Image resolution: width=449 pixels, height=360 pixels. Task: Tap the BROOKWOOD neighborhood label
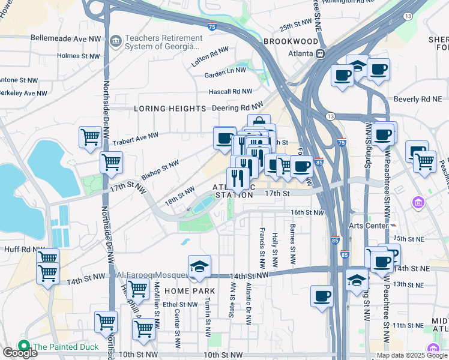click(x=291, y=41)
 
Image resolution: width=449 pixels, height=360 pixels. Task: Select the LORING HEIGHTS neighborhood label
click(x=170, y=109)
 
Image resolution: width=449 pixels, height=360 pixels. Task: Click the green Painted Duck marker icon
click(x=24, y=346)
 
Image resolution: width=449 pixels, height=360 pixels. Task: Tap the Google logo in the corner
click(x=19, y=353)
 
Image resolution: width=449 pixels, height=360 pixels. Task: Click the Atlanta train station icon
click(x=321, y=53)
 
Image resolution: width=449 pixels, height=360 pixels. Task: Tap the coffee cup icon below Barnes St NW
click(x=322, y=296)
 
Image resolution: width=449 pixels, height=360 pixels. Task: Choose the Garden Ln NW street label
click(x=225, y=70)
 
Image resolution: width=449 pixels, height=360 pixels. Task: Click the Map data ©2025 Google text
click(x=411, y=355)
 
